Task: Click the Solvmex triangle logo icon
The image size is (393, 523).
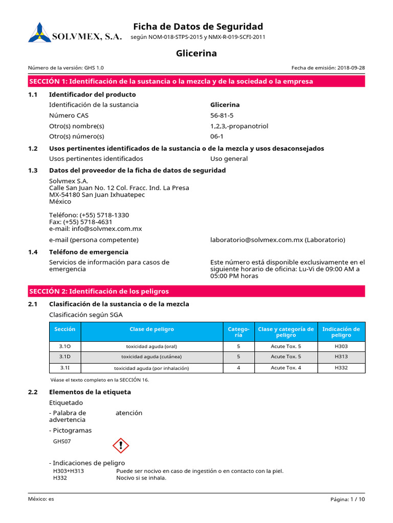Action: tap(39, 32)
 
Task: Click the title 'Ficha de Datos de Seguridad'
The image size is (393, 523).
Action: tap(198, 27)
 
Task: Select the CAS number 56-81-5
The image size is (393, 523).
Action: tap(222, 115)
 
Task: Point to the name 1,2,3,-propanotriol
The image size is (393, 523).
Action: tap(239, 126)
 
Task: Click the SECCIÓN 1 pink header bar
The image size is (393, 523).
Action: tap(196, 81)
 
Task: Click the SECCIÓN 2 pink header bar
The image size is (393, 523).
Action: tap(196, 291)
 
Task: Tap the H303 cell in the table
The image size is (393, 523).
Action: tap(341, 346)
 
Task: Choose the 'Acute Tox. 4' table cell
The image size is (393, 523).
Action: tap(286, 368)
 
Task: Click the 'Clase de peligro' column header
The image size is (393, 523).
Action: tap(152, 329)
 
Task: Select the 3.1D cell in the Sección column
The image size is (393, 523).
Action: tap(65, 356)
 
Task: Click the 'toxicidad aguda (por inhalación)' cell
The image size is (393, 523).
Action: tap(151, 368)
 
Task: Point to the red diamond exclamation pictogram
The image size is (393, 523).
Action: tap(121, 445)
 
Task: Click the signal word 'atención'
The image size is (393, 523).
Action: tap(129, 413)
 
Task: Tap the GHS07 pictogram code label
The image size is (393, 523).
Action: tap(62, 441)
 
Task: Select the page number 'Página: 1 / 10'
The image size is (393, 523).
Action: tap(348, 500)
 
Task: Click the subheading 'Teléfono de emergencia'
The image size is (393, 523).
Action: tap(89, 252)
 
